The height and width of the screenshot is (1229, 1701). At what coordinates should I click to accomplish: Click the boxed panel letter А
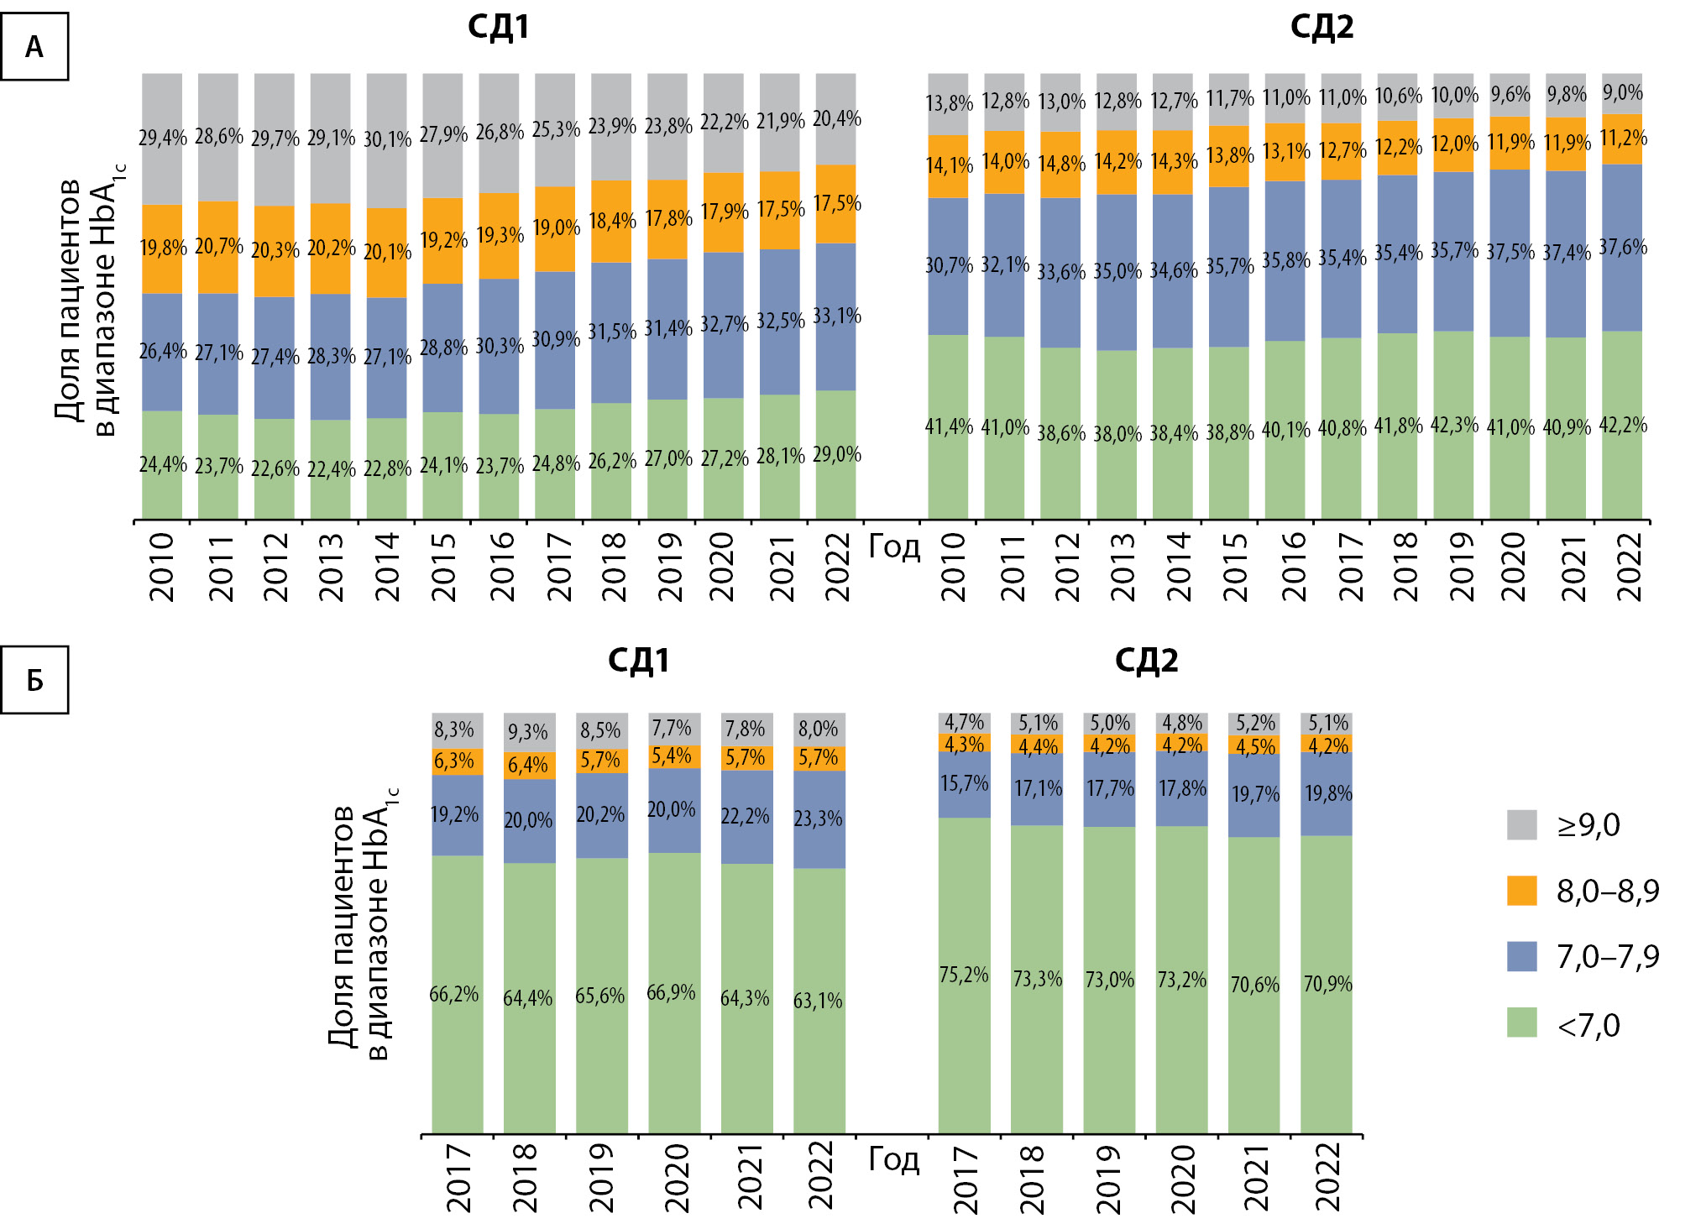[34, 47]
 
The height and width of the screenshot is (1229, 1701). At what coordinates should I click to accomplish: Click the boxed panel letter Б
[34, 680]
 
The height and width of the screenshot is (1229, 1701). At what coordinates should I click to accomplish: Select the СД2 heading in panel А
[1322, 28]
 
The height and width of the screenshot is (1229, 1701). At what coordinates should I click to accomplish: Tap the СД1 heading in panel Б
[638, 661]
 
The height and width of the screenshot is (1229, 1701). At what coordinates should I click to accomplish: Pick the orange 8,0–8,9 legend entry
[1582, 891]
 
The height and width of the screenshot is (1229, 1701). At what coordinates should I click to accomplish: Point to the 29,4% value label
[162, 137]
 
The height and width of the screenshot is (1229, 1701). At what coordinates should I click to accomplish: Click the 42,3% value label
[1454, 425]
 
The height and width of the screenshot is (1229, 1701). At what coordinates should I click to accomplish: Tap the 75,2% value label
[964, 975]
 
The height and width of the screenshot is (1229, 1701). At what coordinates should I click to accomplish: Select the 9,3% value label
[527, 732]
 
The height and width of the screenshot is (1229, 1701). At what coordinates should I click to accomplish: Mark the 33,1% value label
[836, 316]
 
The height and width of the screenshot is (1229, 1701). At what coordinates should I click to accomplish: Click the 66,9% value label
[671, 992]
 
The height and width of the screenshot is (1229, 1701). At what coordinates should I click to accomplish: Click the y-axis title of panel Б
[361, 923]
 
